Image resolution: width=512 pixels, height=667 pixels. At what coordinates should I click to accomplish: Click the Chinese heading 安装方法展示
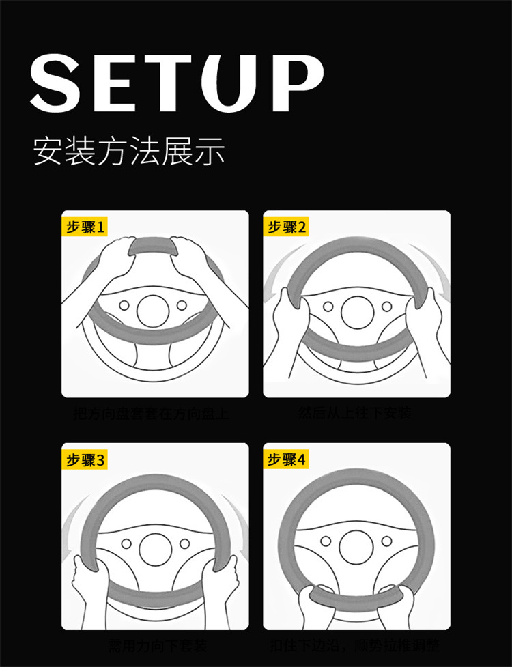129,152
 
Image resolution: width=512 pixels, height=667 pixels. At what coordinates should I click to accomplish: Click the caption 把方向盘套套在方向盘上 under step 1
152,414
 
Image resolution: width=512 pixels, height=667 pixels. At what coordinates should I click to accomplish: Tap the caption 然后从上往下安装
356,413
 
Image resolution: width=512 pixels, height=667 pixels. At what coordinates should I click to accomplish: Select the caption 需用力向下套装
157,645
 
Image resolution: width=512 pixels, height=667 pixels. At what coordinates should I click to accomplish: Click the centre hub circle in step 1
153,311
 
